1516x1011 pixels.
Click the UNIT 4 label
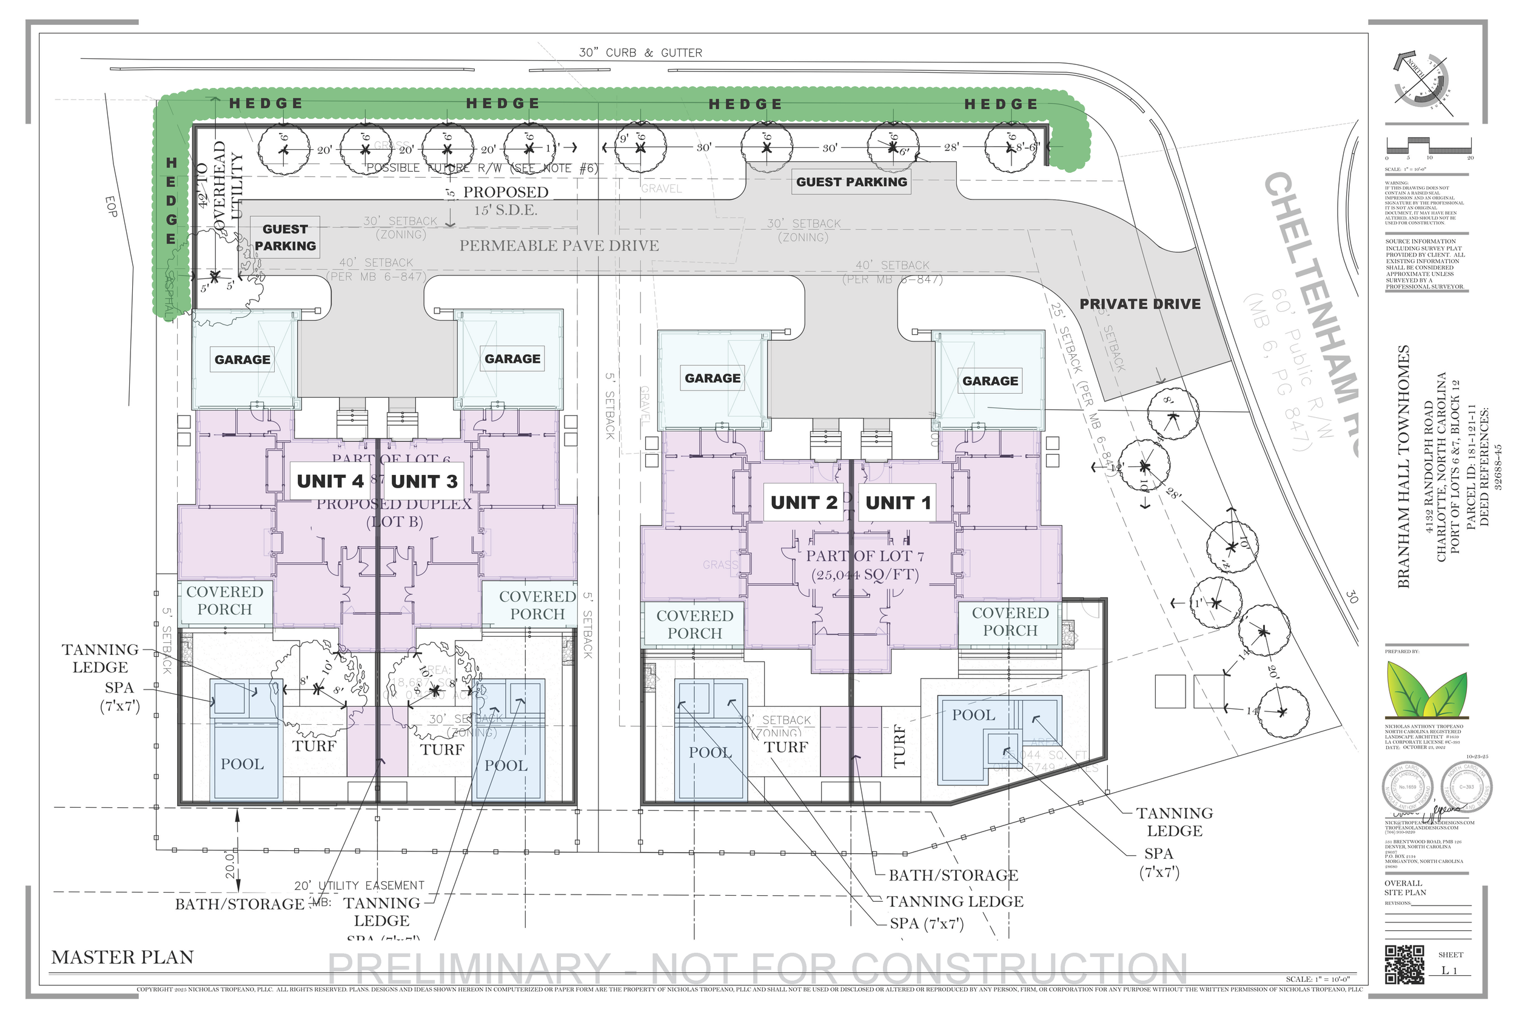pos(329,482)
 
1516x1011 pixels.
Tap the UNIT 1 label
pos(898,503)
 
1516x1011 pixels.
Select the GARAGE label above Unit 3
pos(512,359)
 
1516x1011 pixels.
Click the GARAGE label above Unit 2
pos(713,378)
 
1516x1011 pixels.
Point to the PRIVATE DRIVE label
pos(1139,304)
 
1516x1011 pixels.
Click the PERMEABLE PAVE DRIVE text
pos(559,246)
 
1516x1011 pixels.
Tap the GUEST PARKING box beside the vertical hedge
pos(285,237)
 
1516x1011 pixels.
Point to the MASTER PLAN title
pos(122,958)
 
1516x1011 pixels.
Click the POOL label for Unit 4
pos(242,764)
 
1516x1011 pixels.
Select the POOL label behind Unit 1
pos(973,715)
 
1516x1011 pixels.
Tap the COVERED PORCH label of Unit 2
pos(695,624)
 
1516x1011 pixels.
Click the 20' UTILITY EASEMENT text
pos(359,885)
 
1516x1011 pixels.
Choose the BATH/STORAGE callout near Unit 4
pos(239,904)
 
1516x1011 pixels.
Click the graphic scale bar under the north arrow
pos(1427,146)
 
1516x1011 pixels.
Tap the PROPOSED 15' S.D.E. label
pos(506,201)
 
